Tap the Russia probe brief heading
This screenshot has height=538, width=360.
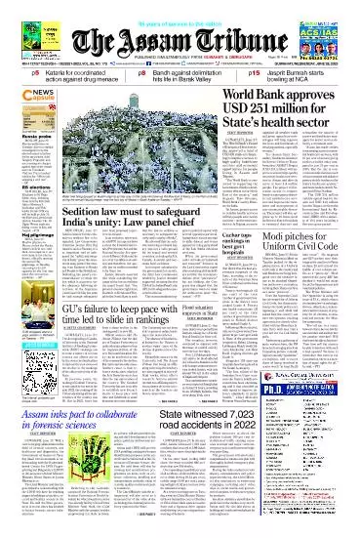20,128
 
